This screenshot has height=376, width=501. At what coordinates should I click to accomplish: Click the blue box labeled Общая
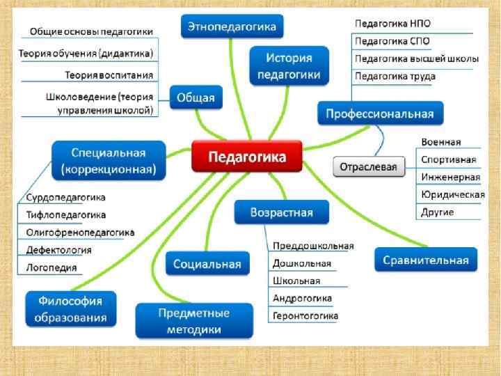click(x=196, y=97)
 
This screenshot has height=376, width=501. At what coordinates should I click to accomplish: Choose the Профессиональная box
click(x=380, y=113)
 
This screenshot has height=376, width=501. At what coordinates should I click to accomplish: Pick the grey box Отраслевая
click(x=369, y=167)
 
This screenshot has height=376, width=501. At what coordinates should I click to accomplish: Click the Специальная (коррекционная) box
click(x=109, y=161)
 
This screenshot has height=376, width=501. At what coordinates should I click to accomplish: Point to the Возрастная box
click(x=283, y=212)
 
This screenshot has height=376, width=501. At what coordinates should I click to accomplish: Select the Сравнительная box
click(x=426, y=260)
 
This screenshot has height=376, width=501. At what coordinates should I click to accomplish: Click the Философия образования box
click(x=71, y=310)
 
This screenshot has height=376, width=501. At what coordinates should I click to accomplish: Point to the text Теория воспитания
click(x=109, y=75)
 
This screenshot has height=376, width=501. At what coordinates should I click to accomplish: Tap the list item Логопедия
click(x=51, y=267)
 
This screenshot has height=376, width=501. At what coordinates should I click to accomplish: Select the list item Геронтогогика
click(x=305, y=316)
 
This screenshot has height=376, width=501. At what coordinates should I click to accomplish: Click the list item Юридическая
click(x=452, y=194)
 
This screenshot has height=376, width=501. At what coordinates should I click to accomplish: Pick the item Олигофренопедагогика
click(x=80, y=232)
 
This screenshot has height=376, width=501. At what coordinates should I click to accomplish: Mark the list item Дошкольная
click(x=301, y=264)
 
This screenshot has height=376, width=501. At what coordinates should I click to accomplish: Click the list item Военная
click(x=440, y=142)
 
